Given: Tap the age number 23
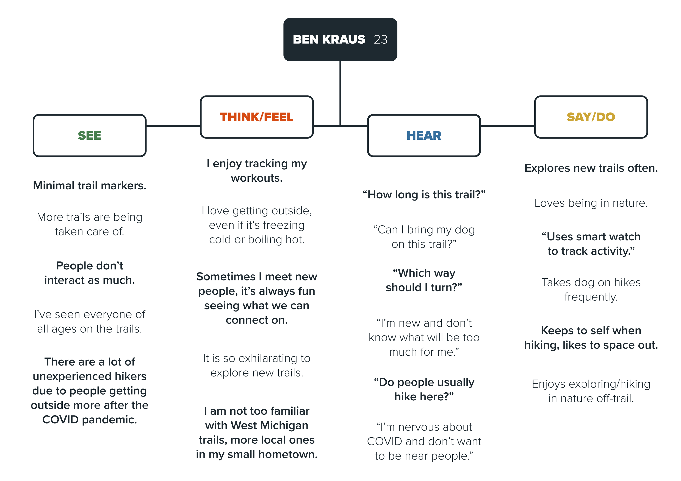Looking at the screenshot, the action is pos(381,39).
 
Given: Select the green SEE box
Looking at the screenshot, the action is pos(90,135).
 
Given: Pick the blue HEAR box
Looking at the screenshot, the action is pos(424,135).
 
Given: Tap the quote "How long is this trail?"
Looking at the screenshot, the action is pos(424,195).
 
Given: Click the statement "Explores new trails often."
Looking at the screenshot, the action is pos(591,168).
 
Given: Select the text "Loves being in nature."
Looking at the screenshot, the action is pos(591,203).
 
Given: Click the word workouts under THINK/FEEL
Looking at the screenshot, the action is pos(257,178).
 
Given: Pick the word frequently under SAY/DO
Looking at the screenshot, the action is pos(591,297).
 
